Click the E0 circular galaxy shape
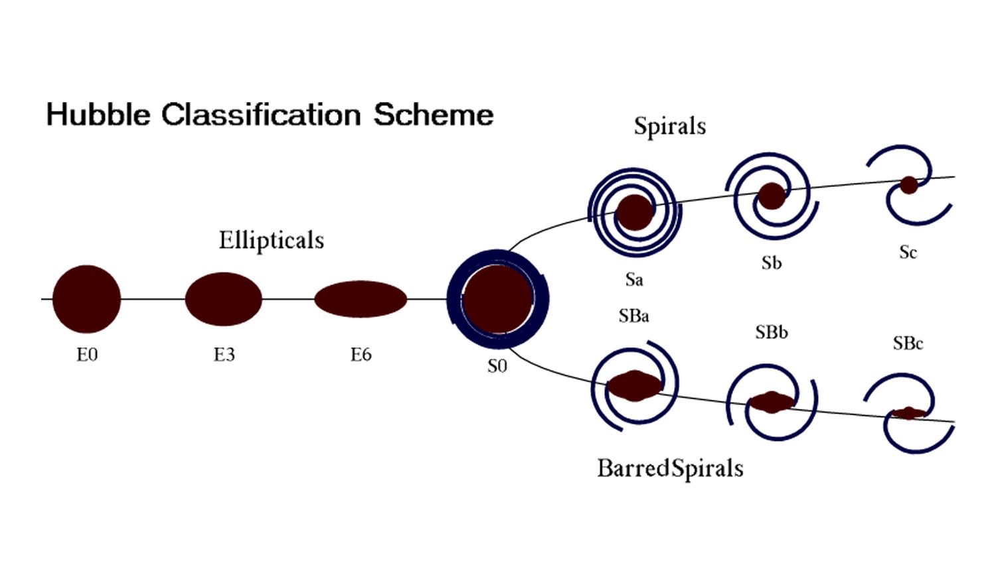(86, 298)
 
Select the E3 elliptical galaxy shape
(223, 298)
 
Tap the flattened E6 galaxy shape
(360, 299)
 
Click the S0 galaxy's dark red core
(497, 298)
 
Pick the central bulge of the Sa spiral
(634, 212)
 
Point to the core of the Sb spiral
(772, 196)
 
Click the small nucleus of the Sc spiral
(908, 185)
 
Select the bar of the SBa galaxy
(635, 386)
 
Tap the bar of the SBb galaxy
(772, 402)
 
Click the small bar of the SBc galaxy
(908, 413)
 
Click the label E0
(87, 355)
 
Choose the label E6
(361, 355)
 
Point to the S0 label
(497, 366)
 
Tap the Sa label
(634, 280)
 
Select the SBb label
(772, 332)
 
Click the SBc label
(908, 344)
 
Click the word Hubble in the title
(98, 115)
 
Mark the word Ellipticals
(272, 240)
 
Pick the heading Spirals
(669, 126)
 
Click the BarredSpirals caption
(670, 468)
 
